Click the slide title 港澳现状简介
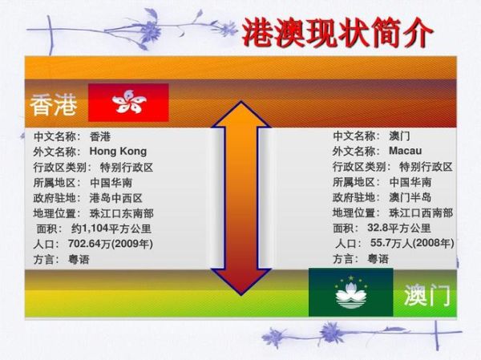(x=340, y=33)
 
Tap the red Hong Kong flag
(x=128, y=103)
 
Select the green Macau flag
(x=350, y=292)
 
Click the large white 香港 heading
(x=55, y=104)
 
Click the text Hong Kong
(x=118, y=151)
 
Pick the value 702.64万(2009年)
(x=111, y=243)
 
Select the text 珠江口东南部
(x=121, y=212)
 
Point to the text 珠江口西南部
(x=421, y=212)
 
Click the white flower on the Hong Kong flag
(x=128, y=102)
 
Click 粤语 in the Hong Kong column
(x=78, y=259)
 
